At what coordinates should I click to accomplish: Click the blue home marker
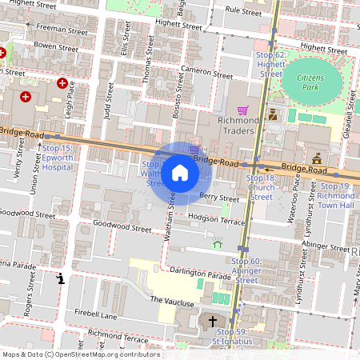[x=180, y=173]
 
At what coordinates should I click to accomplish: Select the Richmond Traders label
[x=238, y=126]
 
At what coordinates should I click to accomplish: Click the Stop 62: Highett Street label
[x=270, y=64]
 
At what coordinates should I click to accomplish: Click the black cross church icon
[x=213, y=322]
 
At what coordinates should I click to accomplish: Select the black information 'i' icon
[x=62, y=278]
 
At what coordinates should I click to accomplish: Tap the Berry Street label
[x=219, y=198]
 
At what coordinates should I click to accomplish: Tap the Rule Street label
[x=243, y=12]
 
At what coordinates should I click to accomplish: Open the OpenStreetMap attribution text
[x=70, y=354]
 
